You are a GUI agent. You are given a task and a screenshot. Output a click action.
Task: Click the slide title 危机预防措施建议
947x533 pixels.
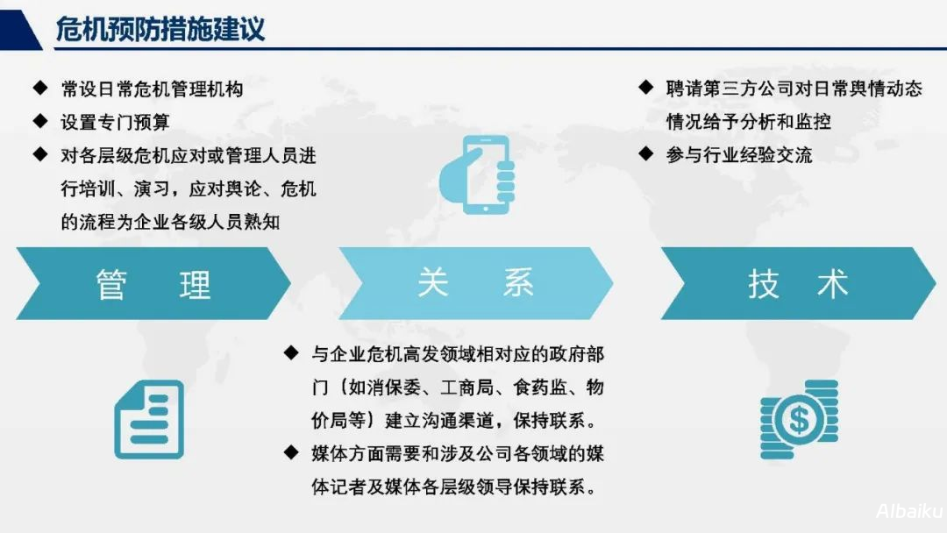click(160, 29)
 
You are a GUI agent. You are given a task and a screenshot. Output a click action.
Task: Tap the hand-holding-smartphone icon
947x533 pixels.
click(478, 174)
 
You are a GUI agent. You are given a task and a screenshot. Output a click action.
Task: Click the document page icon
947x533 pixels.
click(149, 420)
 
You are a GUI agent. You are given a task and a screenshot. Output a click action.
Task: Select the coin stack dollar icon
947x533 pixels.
click(799, 419)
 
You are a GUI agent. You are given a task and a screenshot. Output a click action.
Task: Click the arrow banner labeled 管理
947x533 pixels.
click(153, 283)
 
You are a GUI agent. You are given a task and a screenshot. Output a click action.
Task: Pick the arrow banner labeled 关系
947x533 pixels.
click(476, 283)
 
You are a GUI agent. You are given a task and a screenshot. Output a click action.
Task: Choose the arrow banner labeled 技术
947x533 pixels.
click(798, 283)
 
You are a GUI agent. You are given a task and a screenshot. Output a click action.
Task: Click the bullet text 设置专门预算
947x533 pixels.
click(115, 122)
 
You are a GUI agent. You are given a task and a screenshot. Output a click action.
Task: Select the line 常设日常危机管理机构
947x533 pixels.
click(152, 89)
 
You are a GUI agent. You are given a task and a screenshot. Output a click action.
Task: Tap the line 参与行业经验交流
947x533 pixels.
click(739, 155)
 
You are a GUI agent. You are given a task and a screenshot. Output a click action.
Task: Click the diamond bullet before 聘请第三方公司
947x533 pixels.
click(646, 88)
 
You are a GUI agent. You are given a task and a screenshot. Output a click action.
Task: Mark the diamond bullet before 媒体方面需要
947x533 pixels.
click(291, 452)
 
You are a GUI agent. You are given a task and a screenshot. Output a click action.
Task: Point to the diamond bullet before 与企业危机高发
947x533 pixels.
click(291, 353)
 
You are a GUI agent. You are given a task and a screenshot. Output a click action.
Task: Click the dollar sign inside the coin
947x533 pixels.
click(798, 421)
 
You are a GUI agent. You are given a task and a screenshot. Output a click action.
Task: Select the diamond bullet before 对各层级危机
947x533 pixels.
click(40, 155)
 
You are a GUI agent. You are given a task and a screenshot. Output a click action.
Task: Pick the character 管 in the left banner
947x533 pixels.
click(112, 284)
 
